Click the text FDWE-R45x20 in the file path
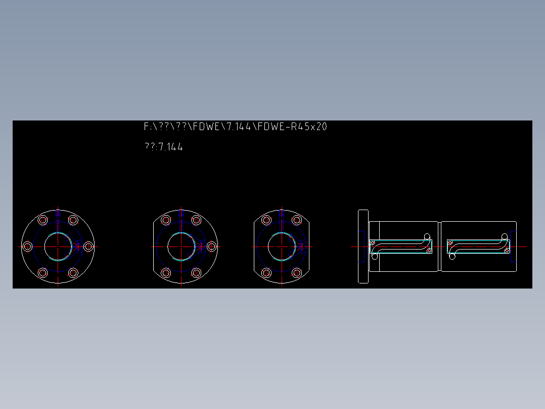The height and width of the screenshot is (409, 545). (292, 127)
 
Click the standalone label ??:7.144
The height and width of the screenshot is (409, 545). (163, 147)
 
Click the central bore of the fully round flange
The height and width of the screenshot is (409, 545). (58, 247)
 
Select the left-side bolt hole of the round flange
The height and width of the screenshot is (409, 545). (28, 247)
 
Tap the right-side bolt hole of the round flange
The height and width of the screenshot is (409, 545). (88, 247)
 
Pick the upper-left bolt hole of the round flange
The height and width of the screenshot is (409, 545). (43, 220)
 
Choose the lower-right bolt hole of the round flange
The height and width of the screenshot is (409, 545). (73, 273)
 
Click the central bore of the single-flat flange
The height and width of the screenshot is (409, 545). (181, 247)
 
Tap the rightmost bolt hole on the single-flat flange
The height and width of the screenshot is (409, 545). (212, 247)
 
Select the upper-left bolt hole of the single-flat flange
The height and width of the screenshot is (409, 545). (165, 220)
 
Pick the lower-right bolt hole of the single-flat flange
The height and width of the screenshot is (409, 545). (197, 273)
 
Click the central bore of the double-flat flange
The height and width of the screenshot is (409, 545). (282, 247)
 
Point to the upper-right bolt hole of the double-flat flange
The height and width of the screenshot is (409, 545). (297, 220)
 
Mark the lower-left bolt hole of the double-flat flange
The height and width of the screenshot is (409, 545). (266, 273)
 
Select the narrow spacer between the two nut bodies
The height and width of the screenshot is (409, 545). (440, 247)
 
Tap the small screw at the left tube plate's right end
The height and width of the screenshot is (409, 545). (429, 251)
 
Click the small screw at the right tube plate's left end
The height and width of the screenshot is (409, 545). (450, 243)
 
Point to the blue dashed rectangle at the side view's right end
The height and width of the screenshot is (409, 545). (513, 247)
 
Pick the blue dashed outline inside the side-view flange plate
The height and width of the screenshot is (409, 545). (362, 247)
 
